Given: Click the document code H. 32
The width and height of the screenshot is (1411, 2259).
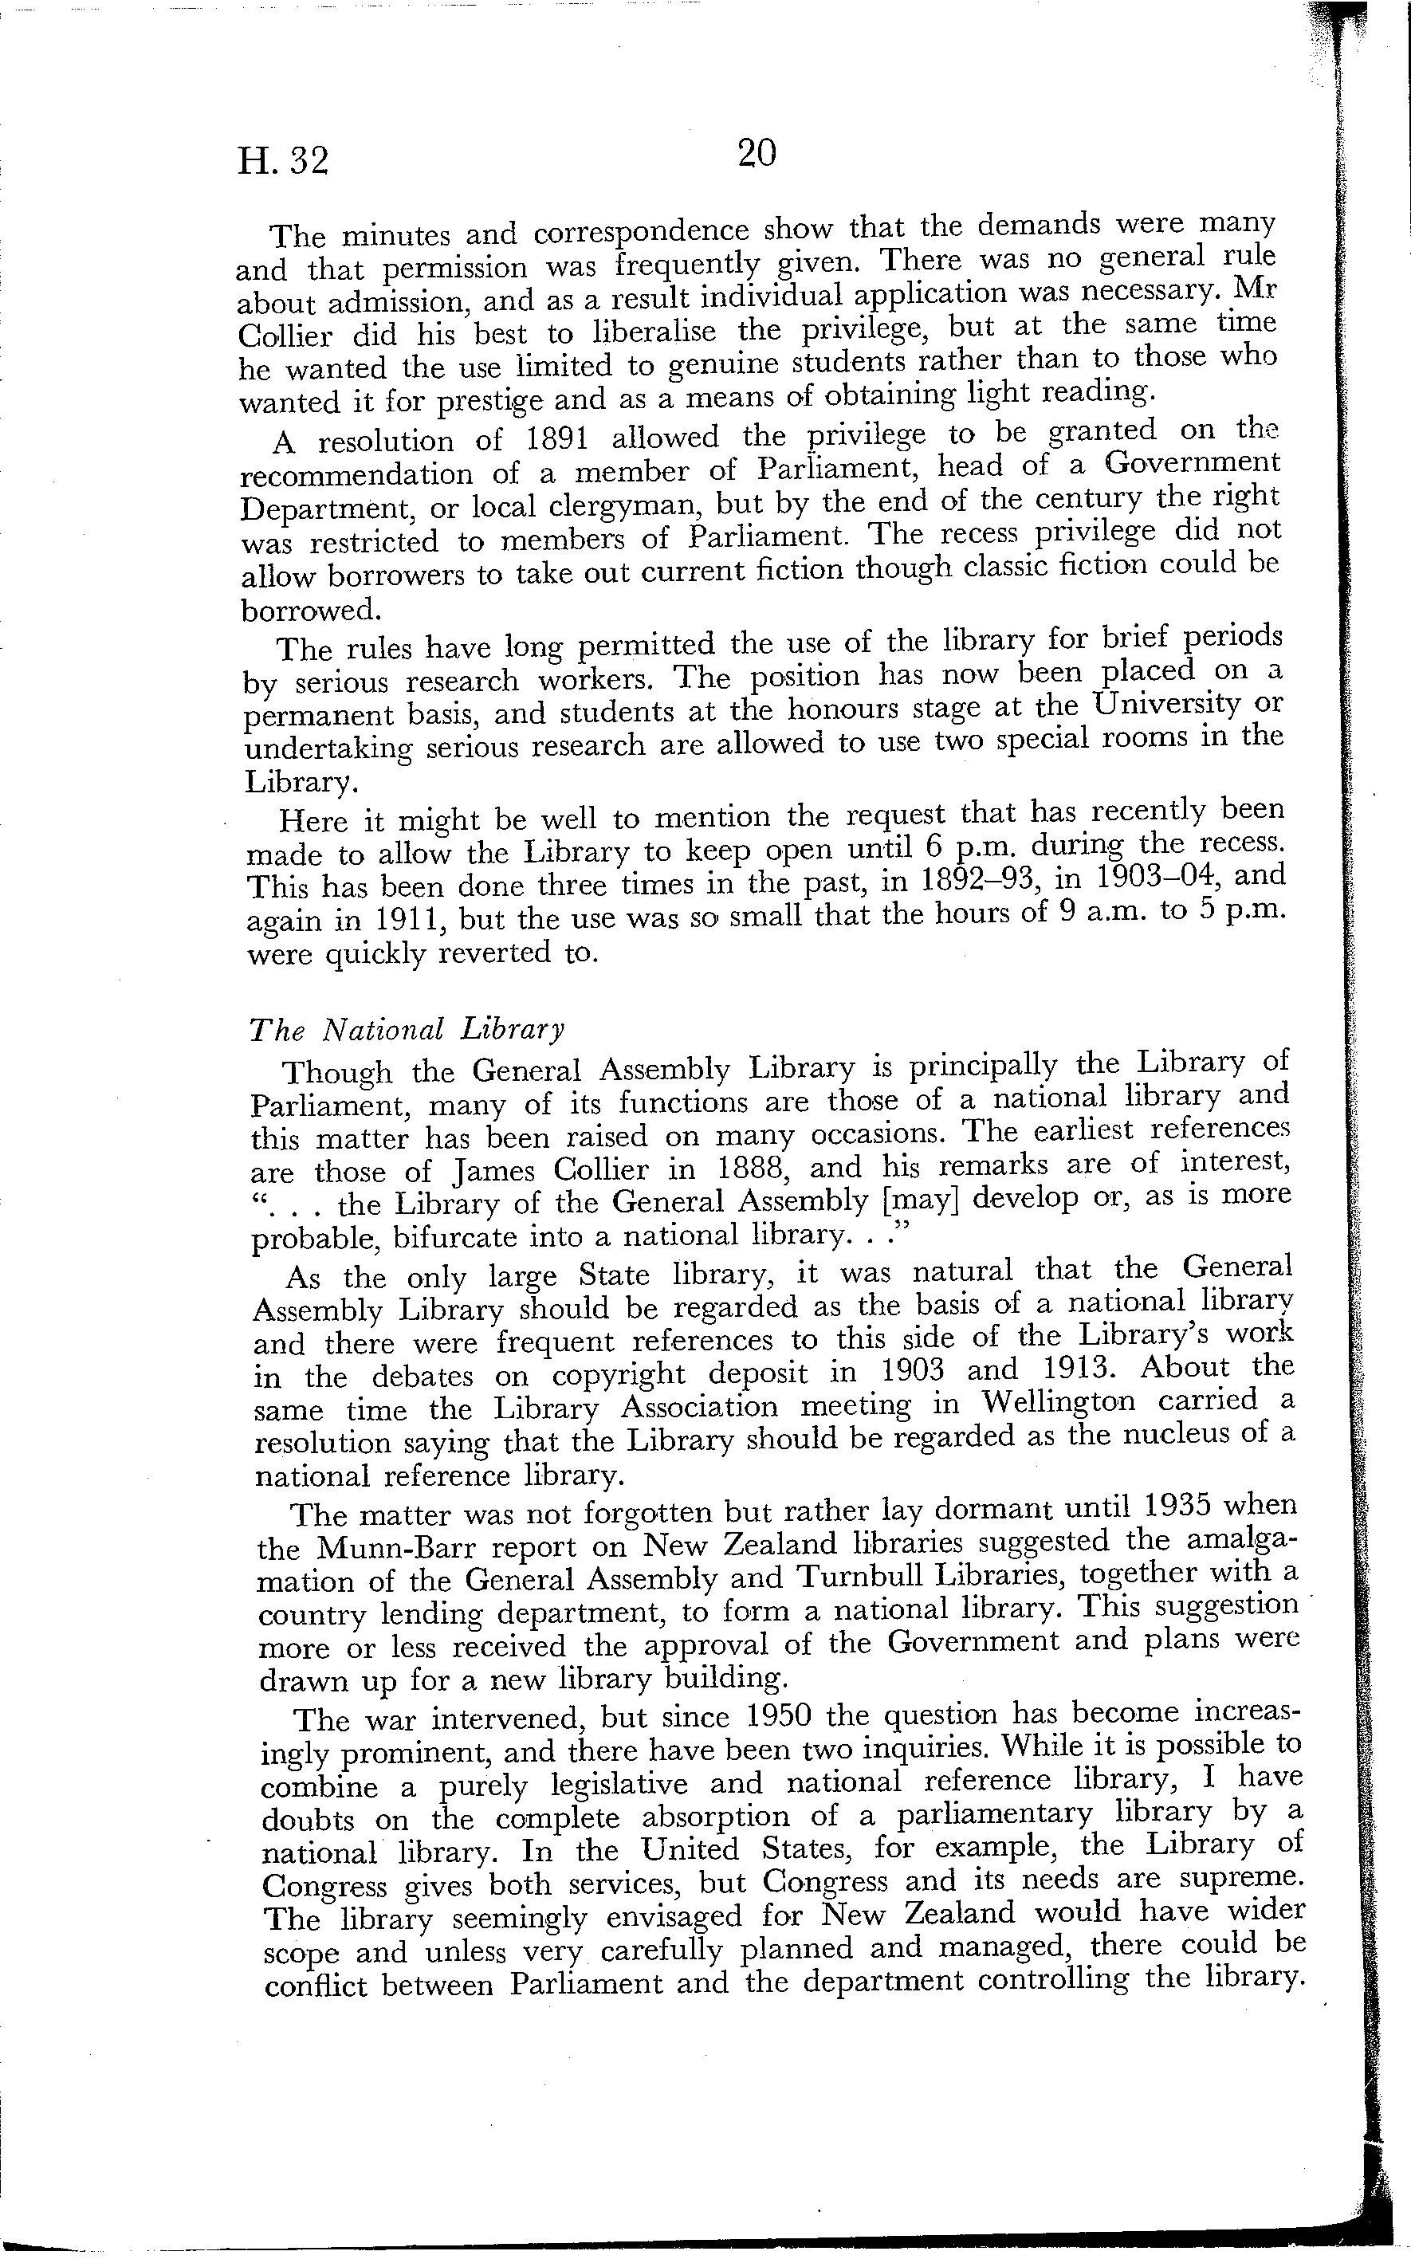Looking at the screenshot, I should click(x=283, y=162).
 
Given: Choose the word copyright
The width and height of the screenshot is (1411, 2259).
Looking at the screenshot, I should click(x=619, y=1375).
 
